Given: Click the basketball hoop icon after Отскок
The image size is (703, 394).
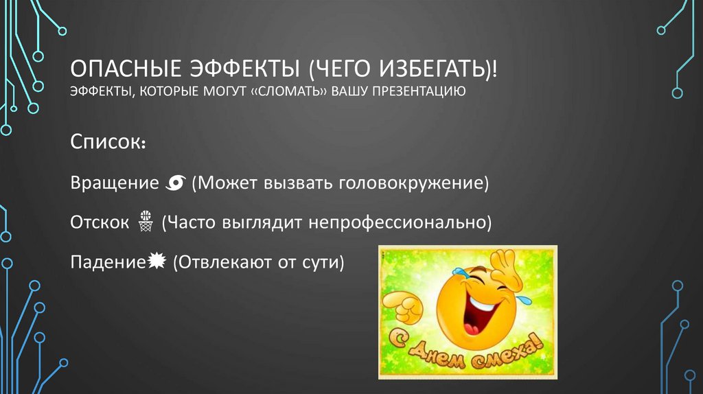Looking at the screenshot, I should click(x=144, y=222).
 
